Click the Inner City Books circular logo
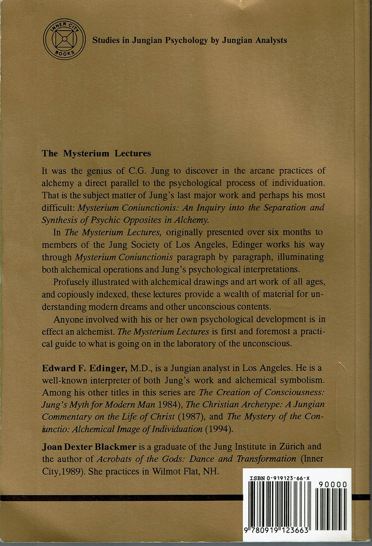[64, 39]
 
